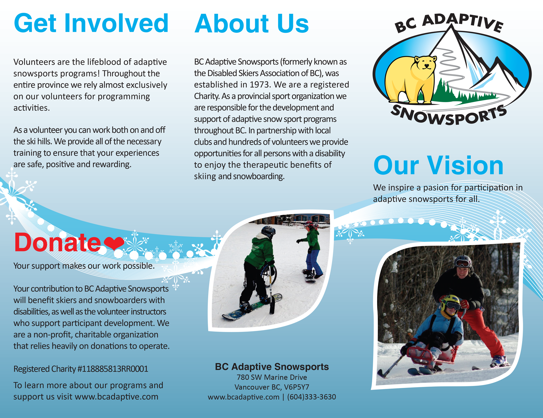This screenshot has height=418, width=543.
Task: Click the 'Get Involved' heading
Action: [91, 24]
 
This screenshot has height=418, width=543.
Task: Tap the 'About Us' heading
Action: [251, 24]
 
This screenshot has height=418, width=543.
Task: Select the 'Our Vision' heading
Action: [438, 165]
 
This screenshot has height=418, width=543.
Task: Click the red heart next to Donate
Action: [114, 243]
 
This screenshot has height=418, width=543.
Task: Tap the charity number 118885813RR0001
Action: [113, 369]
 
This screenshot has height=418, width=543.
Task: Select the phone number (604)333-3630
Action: [312, 397]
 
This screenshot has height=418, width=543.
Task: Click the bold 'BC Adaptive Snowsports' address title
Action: [272, 367]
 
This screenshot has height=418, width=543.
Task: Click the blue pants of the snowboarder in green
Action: [314, 262]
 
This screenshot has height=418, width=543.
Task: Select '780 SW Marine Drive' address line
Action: [272, 377]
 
